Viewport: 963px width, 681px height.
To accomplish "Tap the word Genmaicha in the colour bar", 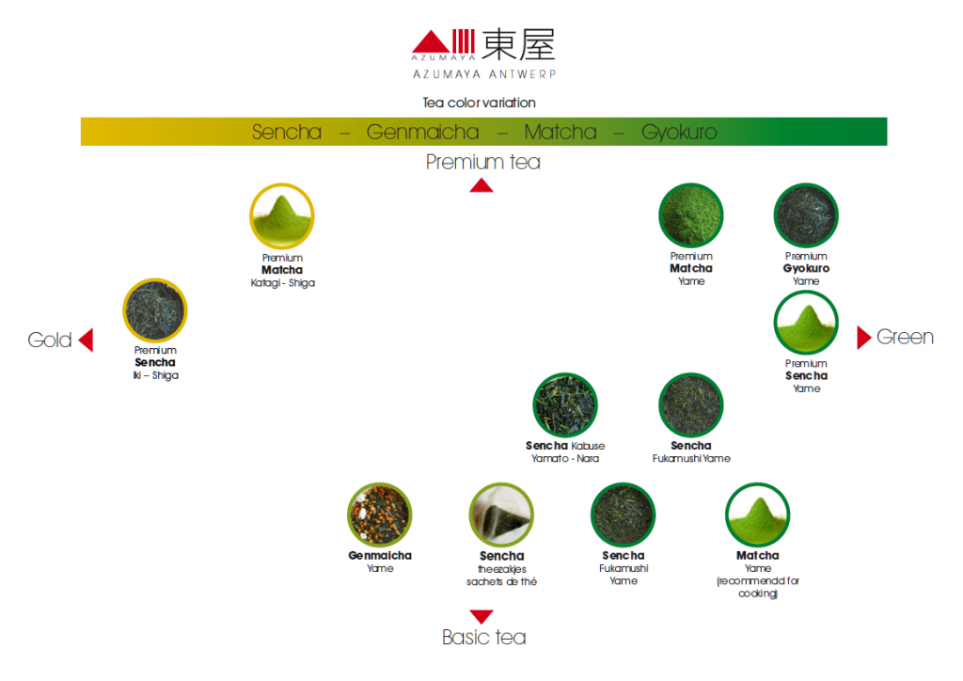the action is pyautogui.click(x=422, y=132).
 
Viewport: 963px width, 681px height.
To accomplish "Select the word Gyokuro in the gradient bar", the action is pyautogui.click(x=679, y=132).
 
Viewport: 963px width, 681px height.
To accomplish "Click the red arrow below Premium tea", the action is pyautogui.click(x=481, y=185).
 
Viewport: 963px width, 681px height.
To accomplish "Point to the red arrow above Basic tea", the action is pyautogui.click(x=481, y=616).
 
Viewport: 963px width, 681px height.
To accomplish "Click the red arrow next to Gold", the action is pyautogui.click(x=87, y=340).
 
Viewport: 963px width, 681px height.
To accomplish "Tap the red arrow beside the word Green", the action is pyautogui.click(x=863, y=337).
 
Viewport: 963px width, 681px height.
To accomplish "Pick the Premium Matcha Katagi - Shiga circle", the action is pyautogui.click(x=282, y=216).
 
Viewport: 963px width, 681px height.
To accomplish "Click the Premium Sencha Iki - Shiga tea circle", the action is pyautogui.click(x=155, y=310).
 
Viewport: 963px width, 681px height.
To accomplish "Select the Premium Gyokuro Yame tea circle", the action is pyautogui.click(x=806, y=215).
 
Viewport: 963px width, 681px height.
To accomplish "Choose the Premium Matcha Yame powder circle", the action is pyautogui.click(x=691, y=215).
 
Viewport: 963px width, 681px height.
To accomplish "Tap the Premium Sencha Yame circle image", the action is pyautogui.click(x=806, y=323).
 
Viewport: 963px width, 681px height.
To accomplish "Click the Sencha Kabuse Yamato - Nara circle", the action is pyautogui.click(x=565, y=405).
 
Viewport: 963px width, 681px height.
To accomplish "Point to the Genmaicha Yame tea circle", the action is pyautogui.click(x=380, y=515).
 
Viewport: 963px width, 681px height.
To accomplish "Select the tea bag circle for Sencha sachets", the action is pyautogui.click(x=501, y=515).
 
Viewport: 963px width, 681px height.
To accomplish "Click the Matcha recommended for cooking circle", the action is pyautogui.click(x=757, y=515).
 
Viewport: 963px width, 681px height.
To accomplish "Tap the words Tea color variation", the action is pyautogui.click(x=479, y=103).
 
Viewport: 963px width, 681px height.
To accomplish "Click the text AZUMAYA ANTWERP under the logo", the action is pyautogui.click(x=484, y=74).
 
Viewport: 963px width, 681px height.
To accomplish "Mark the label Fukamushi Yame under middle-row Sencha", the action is pyautogui.click(x=691, y=459).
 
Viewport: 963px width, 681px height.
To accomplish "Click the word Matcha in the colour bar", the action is pyautogui.click(x=560, y=132).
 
